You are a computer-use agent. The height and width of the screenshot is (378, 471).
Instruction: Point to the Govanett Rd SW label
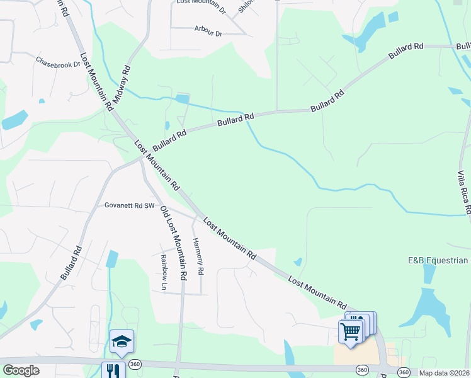(130, 205)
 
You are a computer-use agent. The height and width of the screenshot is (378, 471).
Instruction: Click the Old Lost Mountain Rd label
(174, 243)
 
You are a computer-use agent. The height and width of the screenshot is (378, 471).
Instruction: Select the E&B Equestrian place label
(438, 260)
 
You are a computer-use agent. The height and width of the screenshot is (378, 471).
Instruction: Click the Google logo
(21, 370)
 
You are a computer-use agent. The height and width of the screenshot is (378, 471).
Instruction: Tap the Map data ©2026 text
(444, 373)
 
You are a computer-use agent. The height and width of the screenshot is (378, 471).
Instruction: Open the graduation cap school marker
(122, 341)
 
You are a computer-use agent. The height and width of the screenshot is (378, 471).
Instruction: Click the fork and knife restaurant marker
(113, 370)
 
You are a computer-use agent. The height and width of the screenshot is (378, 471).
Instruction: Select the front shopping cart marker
(351, 330)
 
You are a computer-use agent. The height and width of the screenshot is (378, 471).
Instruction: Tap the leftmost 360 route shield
(135, 364)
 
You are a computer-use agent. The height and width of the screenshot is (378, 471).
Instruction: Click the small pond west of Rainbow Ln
(113, 258)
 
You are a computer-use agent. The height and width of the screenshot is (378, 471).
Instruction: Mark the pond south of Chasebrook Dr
(15, 119)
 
